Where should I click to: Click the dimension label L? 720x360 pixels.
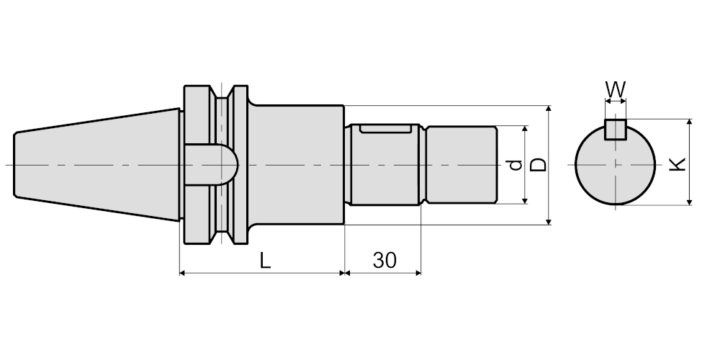(x=265, y=261)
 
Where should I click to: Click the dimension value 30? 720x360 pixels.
(x=384, y=261)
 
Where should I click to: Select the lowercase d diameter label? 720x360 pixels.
(x=516, y=165)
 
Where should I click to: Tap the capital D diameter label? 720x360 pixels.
(x=538, y=165)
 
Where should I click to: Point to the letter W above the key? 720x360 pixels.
(x=616, y=89)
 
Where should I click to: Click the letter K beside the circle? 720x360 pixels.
(x=678, y=164)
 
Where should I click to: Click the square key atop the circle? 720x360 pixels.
(x=616, y=129)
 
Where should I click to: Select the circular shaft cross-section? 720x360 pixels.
(x=616, y=164)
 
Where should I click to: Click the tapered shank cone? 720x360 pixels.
(x=97, y=165)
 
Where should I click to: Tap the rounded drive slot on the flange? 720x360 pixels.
(x=211, y=165)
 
